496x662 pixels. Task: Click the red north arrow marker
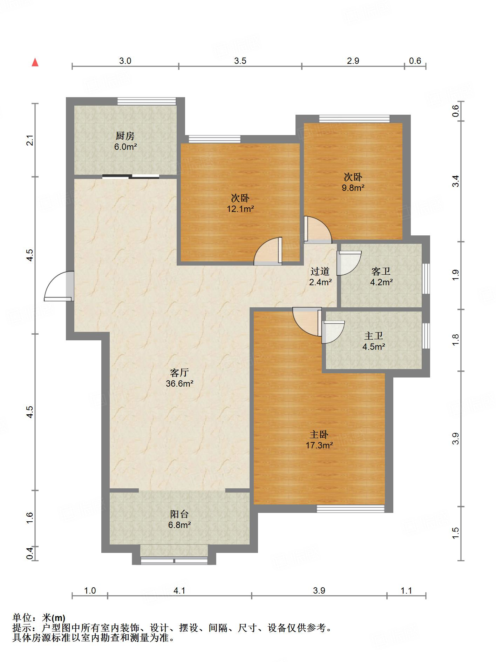coord(35,62)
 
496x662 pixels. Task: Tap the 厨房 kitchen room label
coord(125,136)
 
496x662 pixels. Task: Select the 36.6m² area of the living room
coord(179,383)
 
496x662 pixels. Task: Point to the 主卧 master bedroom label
coord(319,435)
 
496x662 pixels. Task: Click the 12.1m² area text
coord(240,209)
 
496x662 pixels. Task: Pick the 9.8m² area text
coord(353,188)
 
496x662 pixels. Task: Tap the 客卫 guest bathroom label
coord(381,271)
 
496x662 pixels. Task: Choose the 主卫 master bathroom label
coord(374,336)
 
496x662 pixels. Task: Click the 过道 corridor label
coord(320,271)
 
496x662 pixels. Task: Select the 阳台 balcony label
coord(179,514)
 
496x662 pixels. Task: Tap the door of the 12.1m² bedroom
coord(268,251)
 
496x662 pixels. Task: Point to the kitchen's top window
coord(147,101)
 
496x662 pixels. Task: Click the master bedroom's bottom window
coord(351,509)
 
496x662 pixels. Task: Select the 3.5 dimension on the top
coord(240,61)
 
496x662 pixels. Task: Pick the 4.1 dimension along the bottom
coord(179,590)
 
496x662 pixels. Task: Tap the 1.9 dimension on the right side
coord(455,275)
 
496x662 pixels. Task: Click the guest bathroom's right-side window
coord(426,279)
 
